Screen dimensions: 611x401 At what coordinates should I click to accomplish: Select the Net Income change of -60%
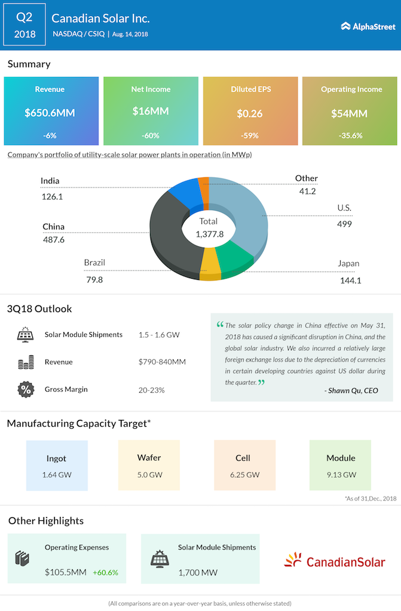pyautogui.click(x=151, y=135)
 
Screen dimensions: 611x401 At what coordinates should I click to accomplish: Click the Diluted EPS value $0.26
pyautogui.click(x=251, y=112)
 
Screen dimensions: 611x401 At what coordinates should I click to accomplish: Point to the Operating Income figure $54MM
pyautogui.click(x=350, y=112)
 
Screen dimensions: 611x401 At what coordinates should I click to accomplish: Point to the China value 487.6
pyautogui.click(x=54, y=239)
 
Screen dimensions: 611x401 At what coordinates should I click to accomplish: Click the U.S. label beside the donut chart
pyautogui.click(x=344, y=208)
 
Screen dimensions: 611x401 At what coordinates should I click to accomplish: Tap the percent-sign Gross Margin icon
pyautogui.click(x=26, y=390)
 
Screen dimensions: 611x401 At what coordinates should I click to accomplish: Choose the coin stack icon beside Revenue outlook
pyautogui.click(x=26, y=362)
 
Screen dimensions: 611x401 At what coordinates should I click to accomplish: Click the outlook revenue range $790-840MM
pyautogui.click(x=162, y=362)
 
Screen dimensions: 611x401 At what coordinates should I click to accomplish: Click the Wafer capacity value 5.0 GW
pyautogui.click(x=148, y=475)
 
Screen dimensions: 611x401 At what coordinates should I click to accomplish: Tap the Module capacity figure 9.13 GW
pyautogui.click(x=341, y=475)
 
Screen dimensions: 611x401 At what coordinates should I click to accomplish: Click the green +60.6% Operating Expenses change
pyautogui.click(x=105, y=572)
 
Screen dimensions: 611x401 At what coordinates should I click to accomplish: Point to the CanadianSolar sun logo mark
pyautogui.click(x=293, y=560)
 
